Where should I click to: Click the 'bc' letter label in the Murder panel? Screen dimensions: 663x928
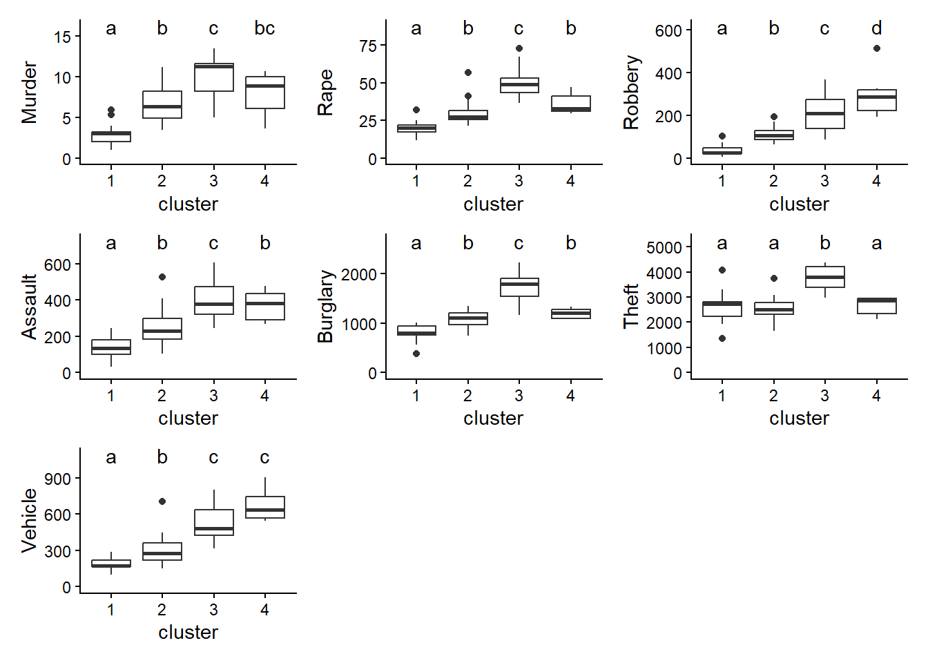pos(264,28)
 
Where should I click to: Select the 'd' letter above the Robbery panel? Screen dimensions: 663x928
pos(876,28)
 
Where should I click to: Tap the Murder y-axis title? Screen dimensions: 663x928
pos(29,92)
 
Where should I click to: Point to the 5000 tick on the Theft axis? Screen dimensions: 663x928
pos(664,247)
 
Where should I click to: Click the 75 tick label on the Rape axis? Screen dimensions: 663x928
pos(368,46)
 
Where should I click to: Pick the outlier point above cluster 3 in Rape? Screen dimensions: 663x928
pos(519,48)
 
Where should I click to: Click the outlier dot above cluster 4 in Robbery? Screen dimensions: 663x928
pos(877,48)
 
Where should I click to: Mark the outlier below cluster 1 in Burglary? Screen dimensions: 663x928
pos(416,354)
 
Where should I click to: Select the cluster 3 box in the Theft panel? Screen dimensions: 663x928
pos(825,277)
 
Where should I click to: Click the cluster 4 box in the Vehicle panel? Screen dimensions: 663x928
pos(265,508)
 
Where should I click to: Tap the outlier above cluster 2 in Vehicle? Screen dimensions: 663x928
pos(162,501)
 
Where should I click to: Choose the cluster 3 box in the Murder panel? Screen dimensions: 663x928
pos(214,77)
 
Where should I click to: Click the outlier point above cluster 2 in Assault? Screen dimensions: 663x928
pos(162,277)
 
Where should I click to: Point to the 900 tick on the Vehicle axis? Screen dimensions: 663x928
pos(57,479)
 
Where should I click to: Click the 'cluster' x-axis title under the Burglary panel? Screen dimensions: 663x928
pos(493,419)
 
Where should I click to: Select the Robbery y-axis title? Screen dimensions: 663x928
pos(631,92)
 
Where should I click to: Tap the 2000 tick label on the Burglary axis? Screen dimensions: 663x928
pos(359,274)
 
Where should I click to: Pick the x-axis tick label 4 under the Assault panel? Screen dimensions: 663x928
pos(265,396)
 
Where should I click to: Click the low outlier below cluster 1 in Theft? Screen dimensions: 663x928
pos(722,338)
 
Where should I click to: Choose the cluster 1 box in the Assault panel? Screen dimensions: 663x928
pos(111,347)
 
